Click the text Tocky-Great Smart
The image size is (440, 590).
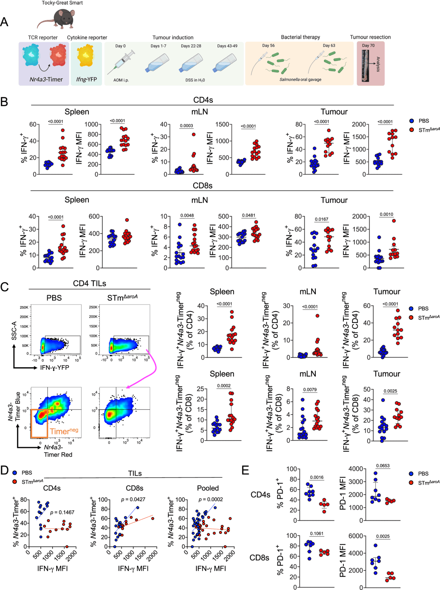[x=62, y=3]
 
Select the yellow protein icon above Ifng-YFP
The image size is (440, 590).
[x=86, y=57]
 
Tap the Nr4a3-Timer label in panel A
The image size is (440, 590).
[x=46, y=79]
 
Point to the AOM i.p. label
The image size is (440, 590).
[x=121, y=80]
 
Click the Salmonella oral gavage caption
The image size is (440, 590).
[x=300, y=80]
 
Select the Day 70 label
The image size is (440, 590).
[x=368, y=46]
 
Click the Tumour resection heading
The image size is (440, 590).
[x=370, y=37]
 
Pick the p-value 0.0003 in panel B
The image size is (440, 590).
[x=186, y=126]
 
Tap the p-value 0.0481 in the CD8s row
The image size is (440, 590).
[x=249, y=215]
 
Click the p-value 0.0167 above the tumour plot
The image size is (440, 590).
[x=321, y=219]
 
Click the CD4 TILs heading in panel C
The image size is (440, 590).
[x=89, y=283]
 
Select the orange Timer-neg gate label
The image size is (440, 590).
[x=64, y=431]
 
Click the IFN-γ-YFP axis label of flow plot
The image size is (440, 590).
[x=55, y=368]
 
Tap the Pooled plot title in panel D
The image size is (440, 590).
[x=208, y=488]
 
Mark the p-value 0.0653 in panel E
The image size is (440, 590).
[x=383, y=465]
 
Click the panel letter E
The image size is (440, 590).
[x=245, y=470]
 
